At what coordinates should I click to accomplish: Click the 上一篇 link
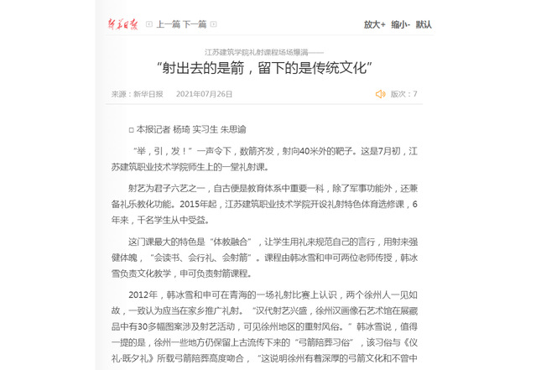click(x=169, y=24)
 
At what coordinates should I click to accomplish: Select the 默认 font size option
click(x=424, y=24)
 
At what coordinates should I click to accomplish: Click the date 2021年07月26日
click(x=204, y=94)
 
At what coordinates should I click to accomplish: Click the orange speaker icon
click(x=380, y=94)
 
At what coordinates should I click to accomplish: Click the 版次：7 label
click(x=404, y=94)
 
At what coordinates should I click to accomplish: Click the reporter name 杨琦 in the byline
click(x=182, y=130)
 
